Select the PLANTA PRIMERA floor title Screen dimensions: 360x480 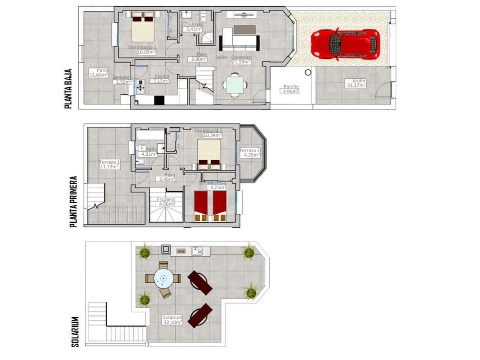click(x=73, y=202)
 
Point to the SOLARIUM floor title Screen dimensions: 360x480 click(x=75, y=332)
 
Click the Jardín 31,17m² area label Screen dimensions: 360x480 click(x=358, y=83)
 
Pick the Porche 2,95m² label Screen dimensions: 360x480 click(x=291, y=89)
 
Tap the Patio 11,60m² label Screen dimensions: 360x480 click(x=98, y=73)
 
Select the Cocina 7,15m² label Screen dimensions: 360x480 click(x=162, y=79)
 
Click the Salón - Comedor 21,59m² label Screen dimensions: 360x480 click(x=233, y=60)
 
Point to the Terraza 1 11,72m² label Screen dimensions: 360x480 click(x=109, y=165)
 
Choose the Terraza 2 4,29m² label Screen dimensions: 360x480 click(x=250, y=153)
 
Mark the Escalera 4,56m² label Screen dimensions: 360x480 click(x=166, y=202)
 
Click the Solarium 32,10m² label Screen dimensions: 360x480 click(x=172, y=319)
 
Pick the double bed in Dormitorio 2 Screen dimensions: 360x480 click(x=209, y=154)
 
